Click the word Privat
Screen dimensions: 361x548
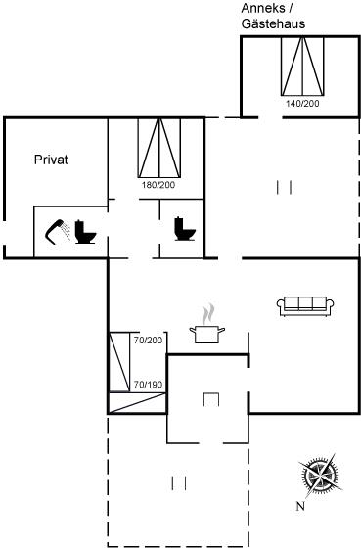click(51, 160)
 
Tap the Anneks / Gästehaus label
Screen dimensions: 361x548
click(273, 16)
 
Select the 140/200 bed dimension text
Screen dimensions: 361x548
click(302, 104)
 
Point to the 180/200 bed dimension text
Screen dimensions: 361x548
click(158, 185)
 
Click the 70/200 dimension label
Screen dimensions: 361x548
click(148, 341)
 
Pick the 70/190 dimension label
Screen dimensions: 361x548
click(148, 385)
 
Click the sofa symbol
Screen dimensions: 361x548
click(305, 306)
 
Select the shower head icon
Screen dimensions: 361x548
click(58, 231)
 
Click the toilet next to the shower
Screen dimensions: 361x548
click(85, 232)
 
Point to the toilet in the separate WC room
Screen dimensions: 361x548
click(185, 229)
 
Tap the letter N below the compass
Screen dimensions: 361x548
click(300, 506)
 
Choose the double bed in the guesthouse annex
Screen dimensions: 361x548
click(302, 67)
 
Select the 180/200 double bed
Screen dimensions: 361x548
click(159, 148)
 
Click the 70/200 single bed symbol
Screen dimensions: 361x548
click(119, 361)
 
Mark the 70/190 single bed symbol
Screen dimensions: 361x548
click(137, 403)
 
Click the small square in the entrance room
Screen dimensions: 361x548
click(211, 400)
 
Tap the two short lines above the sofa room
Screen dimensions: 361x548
click(284, 187)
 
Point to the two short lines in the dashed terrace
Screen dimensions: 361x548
click(179, 483)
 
